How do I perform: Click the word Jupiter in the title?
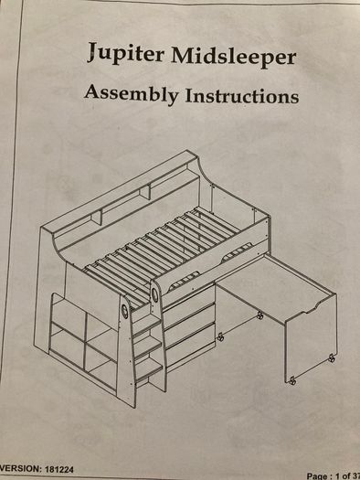[x=126, y=53]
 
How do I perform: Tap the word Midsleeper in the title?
[x=234, y=57]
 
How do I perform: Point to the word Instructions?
[x=242, y=95]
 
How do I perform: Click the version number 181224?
[x=59, y=469]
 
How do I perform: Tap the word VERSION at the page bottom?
[x=21, y=469]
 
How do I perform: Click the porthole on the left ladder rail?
[x=125, y=312]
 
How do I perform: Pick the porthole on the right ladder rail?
[x=155, y=295]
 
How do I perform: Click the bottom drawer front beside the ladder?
[x=190, y=347]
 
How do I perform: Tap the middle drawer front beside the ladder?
[x=189, y=326]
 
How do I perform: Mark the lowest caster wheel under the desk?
[x=292, y=381]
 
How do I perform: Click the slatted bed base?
[x=162, y=251]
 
